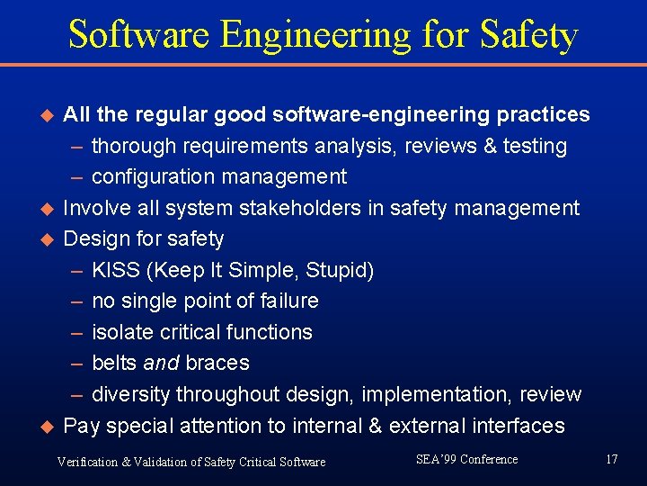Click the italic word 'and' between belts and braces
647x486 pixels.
(162, 364)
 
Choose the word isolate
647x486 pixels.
(122, 332)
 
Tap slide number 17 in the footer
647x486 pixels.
(612, 460)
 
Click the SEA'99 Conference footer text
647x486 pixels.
(466, 460)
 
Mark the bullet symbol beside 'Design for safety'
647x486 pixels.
(49, 239)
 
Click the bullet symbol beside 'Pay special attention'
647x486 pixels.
(49, 426)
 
